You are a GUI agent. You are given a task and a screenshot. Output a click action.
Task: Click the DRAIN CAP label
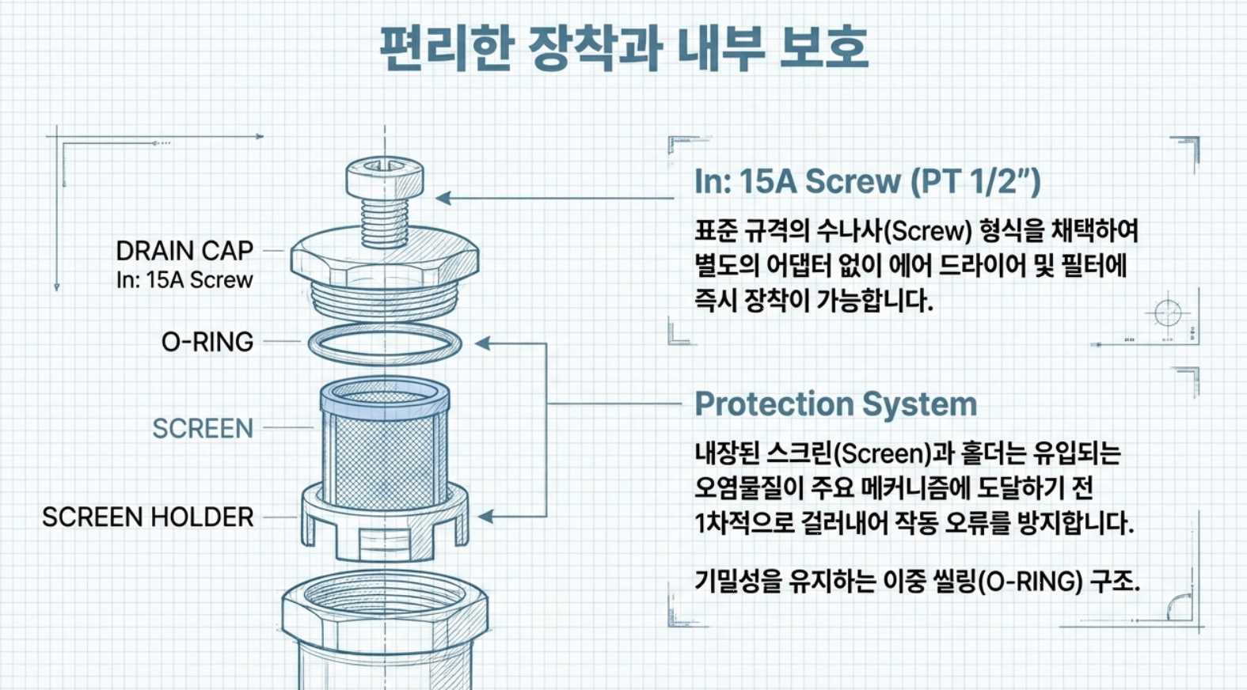184,251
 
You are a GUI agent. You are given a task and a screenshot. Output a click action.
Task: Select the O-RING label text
207,342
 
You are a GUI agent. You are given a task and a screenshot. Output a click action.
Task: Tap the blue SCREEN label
203,428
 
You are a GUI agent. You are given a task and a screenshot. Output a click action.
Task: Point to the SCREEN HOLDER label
148,517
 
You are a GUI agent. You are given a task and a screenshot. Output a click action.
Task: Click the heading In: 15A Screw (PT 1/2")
867,182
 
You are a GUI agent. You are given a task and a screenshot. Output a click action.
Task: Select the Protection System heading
835,404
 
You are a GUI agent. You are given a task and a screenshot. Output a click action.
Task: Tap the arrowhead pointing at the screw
444,198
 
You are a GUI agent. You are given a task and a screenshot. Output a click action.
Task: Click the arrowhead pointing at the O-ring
482,343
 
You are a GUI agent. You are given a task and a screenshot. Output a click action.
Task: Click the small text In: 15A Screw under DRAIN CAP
184,280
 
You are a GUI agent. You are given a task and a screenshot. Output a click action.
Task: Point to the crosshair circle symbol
1168,313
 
